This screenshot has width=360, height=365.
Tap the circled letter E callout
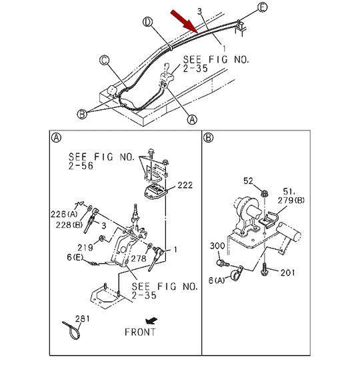(x=263, y=7)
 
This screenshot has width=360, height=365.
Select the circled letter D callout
(x=147, y=22)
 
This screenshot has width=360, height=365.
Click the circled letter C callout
(x=104, y=61)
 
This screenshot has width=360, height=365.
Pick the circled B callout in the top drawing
(x=82, y=114)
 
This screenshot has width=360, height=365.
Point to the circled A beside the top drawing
(x=192, y=119)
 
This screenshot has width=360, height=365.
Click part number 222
(x=185, y=185)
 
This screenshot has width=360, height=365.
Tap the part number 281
(x=82, y=318)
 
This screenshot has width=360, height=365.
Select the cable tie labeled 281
(x=72, y=330)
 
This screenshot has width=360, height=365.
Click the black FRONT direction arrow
(x=151, y=321)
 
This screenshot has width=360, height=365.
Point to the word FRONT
(x=140, y=332)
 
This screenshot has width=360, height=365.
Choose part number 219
(x=85, y=248)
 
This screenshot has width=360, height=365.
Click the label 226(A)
(x=64, y=214)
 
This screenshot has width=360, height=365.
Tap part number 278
(x=139, y=258)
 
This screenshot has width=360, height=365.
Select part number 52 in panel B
(x=248, y=181)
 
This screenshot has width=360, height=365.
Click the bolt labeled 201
(x=265, y=270)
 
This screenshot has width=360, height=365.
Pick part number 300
(x=217, y=246)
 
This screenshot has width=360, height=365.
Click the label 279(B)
(x=291, y=200)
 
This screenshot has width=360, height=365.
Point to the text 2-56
(x=81, y=166)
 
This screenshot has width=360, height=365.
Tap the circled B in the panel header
(x=208, y=138)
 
